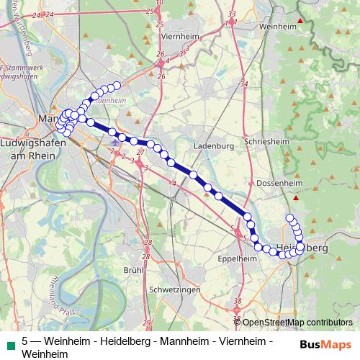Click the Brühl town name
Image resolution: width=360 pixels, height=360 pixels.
(x=134, y=269)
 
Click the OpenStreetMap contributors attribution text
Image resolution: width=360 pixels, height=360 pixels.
(x=297, y=323)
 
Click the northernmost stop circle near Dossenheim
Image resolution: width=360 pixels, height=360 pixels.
(x=290, y=218)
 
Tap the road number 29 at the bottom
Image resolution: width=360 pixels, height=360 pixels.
(x=147, y=322)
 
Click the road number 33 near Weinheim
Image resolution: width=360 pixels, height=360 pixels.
(x=231, y=14)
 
